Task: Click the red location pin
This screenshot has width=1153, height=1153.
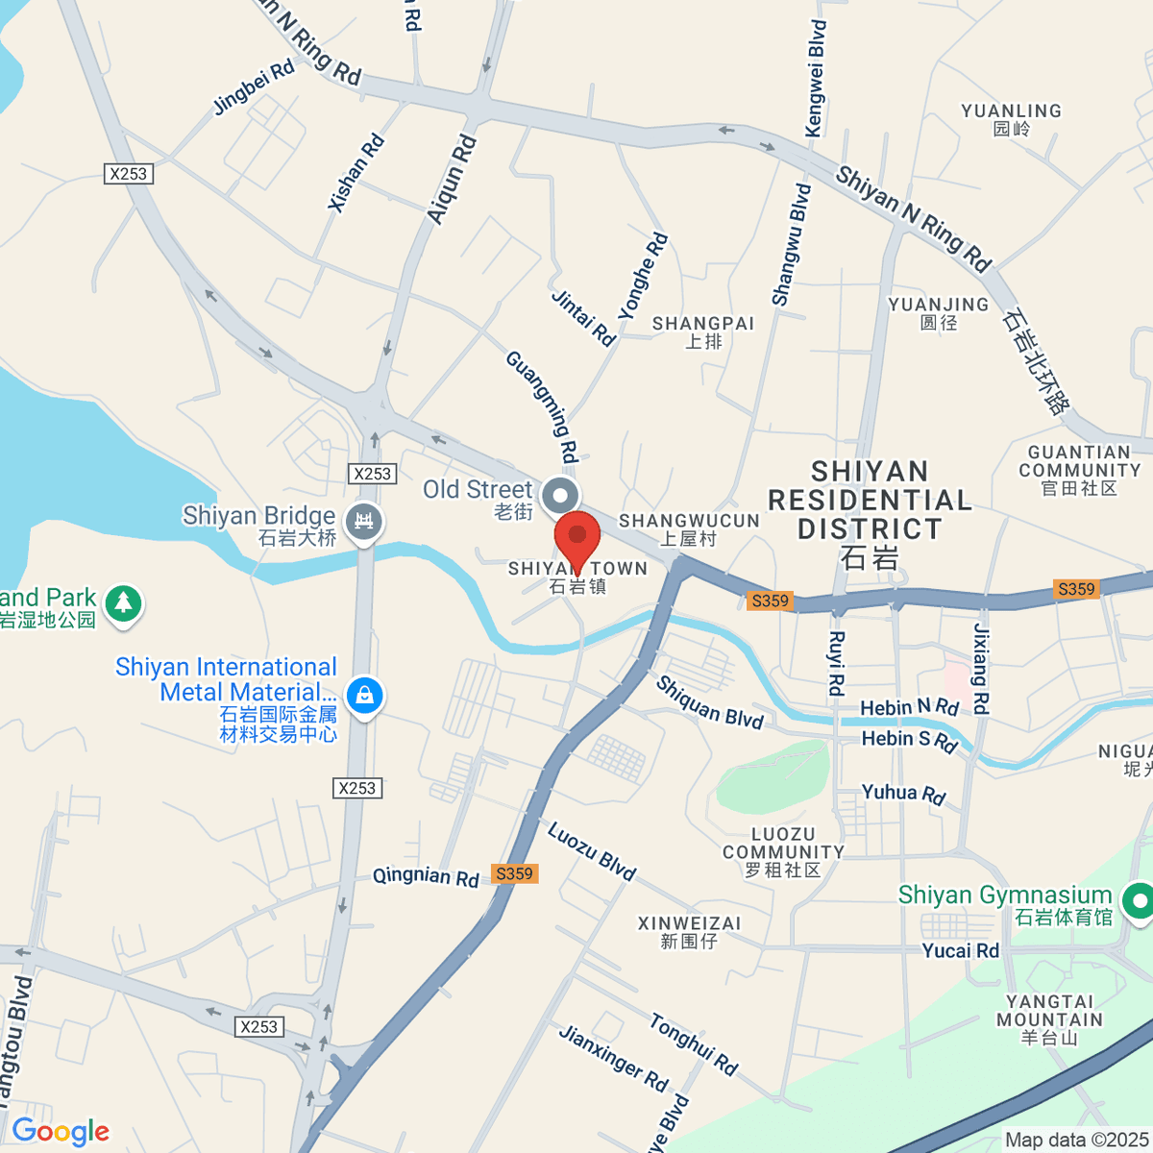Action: [577, 538]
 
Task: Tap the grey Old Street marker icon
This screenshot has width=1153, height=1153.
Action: [560, 497]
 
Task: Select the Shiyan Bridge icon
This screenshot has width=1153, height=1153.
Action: [364, 523]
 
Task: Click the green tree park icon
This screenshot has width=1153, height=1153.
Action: [123, 604]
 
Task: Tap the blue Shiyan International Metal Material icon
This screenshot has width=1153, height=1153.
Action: [365, 694]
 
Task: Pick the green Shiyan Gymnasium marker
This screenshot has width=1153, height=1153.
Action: [1139, 901]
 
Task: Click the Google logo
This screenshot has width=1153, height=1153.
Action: [61, 1131]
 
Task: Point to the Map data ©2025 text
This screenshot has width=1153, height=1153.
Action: [1075, 1140]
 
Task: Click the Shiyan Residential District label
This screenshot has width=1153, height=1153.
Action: [870, 513]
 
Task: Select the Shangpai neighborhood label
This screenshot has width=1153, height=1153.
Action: [703, 331]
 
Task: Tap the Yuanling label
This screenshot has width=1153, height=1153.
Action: [1011, 119]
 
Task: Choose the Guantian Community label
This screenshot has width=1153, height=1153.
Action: [1079, 470]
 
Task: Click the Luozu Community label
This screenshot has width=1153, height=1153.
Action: [783, 851]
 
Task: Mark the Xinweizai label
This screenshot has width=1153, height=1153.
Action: [689, 931]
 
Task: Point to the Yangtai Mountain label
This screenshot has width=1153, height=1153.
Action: [1049, 1018]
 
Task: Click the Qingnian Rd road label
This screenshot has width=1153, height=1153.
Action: [426, 876]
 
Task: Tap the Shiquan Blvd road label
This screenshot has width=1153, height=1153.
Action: [709, 702]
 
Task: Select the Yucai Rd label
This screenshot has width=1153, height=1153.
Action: [961, 950]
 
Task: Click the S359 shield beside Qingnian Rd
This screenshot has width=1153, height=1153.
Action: [514, 873]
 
